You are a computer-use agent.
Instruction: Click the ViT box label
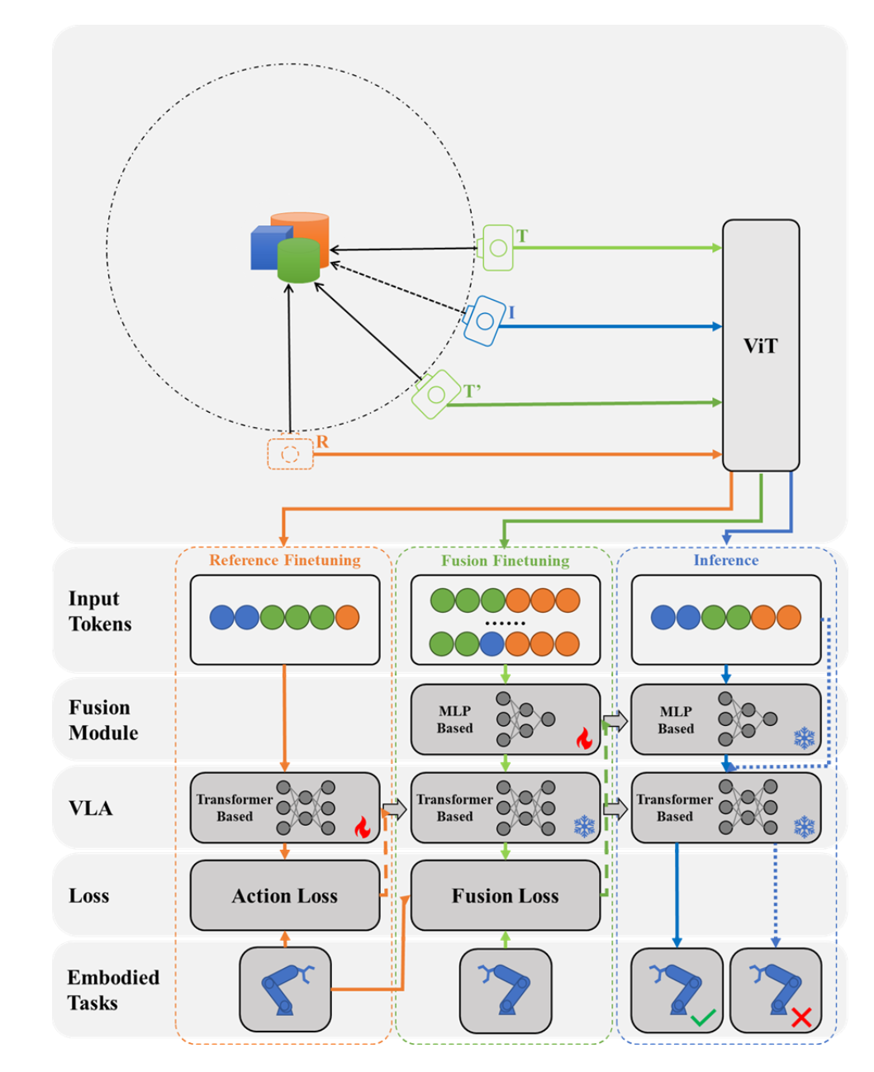tap(760, 346)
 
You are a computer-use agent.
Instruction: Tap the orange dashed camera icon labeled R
tap(290, 454)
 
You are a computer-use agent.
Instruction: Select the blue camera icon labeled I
tap(485, 320)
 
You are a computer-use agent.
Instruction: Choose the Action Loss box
tap(284, 896)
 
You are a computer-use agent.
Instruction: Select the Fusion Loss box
tap(505, 896)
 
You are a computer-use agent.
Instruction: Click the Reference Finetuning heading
tap(284, 561)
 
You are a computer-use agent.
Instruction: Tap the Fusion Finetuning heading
tap(505, 561)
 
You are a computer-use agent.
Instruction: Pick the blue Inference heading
tap(725, 561)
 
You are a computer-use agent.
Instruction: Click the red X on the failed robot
tap(800, 1017)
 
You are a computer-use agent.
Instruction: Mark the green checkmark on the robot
tap(703, 1017)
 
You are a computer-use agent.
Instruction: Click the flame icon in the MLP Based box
tap(584, 738)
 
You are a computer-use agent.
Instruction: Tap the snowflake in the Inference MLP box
tap(804, 738)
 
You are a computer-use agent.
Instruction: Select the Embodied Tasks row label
tap(113, 990)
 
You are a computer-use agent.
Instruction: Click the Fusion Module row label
tap(103, 720)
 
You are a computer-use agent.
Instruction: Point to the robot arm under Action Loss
tap(285, 989)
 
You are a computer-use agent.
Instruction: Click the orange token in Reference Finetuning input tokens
tap(348, 618)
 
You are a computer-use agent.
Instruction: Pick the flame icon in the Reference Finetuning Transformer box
tap(362, 827)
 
